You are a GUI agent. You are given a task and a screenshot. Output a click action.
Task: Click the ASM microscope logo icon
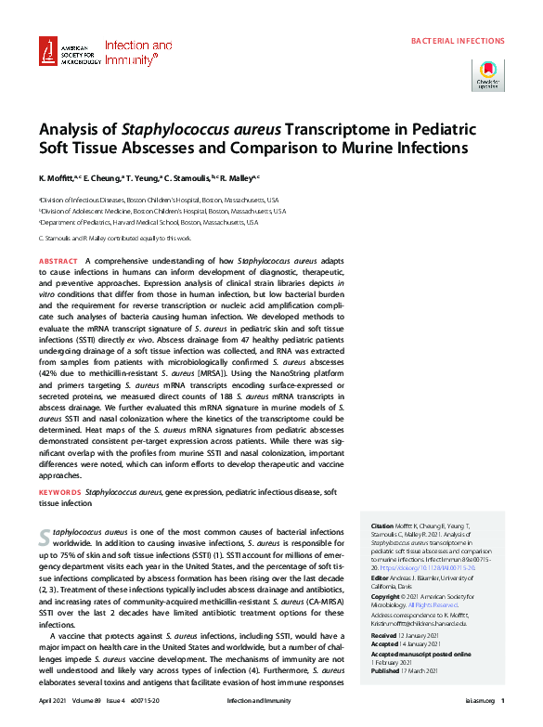click(x=49, y=53)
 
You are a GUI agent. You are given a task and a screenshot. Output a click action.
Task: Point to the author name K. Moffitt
click(x=58, y=177)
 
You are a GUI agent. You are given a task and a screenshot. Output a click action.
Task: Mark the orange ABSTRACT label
click(x=58, y=263)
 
